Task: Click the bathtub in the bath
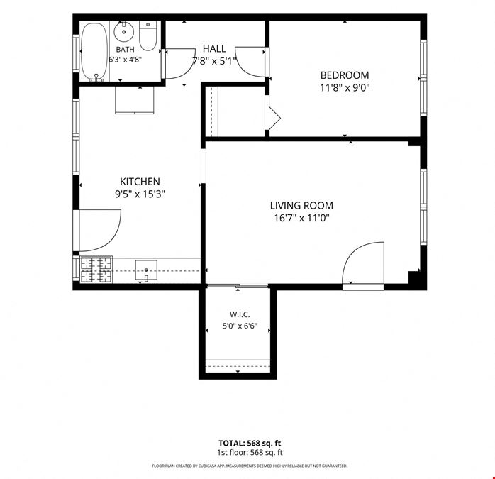(94, 50)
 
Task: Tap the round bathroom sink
(123, 32)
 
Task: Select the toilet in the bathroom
(148, 35)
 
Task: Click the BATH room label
(126, 49)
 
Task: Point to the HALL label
(214, 49)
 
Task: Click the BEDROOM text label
(345, 75)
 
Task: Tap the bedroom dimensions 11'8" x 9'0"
(345, 87)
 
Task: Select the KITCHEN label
(140, 182)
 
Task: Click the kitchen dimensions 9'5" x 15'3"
(140, 194)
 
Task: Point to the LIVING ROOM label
(301, 205)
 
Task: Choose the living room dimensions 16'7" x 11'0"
(301, 218)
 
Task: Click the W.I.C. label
(240, 314)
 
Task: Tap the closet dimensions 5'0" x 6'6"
(240, 326)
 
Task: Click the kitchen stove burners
(96, 270)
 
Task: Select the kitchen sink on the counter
(146, 270)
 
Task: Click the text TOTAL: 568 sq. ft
(250, 443)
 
